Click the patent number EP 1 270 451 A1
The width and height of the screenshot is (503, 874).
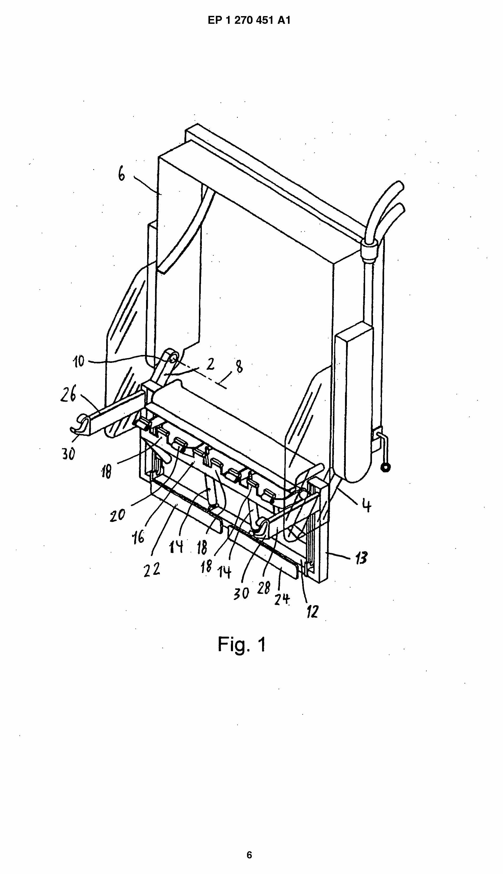point(249,20)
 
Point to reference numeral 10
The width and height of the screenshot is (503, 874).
point(79,362)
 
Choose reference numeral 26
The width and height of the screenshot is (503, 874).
point(68,394)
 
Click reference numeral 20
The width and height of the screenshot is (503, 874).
point(117,516)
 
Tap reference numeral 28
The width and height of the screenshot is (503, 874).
point(264,588)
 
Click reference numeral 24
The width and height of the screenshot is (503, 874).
point(282,599)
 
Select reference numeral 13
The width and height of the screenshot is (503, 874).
point(361,558)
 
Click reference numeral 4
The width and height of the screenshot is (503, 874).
point(366,505)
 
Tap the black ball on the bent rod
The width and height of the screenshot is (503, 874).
point(385,468)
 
